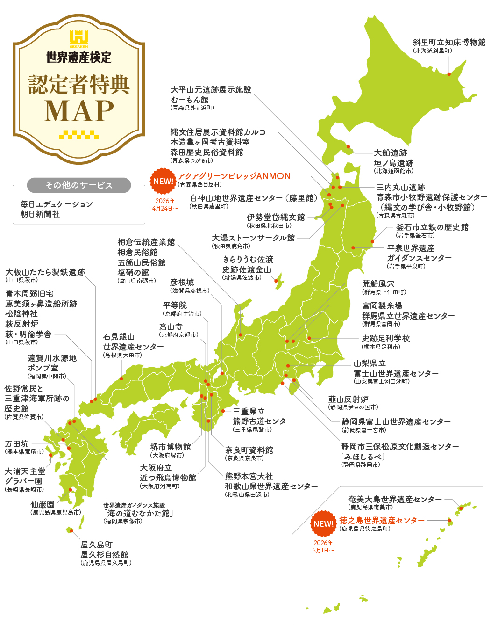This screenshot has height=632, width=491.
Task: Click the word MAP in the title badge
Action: pos(79,111)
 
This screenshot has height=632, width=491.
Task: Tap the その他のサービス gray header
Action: pos(79,185)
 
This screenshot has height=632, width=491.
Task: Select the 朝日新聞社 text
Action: pos(40,214)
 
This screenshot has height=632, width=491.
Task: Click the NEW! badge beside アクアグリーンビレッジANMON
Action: pos(163,182)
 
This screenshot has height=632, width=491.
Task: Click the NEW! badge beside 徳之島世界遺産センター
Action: pos(324,524)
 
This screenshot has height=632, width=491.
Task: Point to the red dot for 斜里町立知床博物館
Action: pos(449,74)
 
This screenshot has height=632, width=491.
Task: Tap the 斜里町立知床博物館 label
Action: pos(448,43)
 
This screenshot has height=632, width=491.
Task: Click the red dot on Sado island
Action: pos(276,281)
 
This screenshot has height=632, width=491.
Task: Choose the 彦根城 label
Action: pos(182,283)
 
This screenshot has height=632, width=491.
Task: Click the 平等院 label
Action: pos(175,305)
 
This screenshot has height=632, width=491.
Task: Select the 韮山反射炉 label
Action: pos(348,399)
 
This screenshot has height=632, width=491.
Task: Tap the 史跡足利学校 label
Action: pos(386,338)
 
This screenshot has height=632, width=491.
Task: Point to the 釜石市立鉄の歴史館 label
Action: pos(432,227)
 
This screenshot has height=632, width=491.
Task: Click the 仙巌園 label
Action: pos(43,504)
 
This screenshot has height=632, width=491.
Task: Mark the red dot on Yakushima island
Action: pos(71,530)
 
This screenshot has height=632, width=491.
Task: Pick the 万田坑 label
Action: pos(17,443)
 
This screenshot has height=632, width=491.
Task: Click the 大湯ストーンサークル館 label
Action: pos(253,238)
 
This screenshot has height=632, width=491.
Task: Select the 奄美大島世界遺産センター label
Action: pos(395,499)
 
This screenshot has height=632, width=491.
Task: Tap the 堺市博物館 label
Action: pos(171,447)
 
